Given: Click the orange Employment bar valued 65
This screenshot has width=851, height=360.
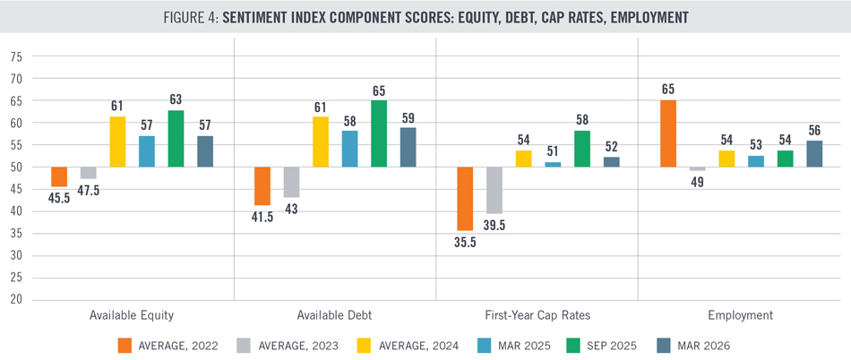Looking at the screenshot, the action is click(668, 133).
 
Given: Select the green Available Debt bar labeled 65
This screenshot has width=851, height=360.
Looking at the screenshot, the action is click(379, 133).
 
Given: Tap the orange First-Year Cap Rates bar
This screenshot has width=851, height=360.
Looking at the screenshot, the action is click(465, 199).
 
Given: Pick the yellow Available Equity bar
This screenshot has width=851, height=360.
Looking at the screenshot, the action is click(117, 141).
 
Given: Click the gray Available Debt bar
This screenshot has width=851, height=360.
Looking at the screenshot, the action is click(291, 182).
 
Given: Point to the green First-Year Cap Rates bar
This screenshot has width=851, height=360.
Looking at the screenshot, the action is click(581, 149).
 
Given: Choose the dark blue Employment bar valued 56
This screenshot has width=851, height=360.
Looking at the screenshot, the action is click(814, 153).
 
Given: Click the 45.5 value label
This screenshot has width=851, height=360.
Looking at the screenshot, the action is click(59, 198).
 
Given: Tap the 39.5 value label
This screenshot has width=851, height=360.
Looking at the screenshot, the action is click(494, 225).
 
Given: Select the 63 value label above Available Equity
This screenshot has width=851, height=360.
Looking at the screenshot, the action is click(176, 99).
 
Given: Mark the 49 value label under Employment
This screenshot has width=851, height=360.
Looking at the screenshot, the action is click(698, 182).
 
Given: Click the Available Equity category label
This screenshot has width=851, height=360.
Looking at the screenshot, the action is click(132, 315).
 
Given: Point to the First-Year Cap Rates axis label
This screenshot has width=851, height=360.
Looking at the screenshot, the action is click(537, 315).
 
